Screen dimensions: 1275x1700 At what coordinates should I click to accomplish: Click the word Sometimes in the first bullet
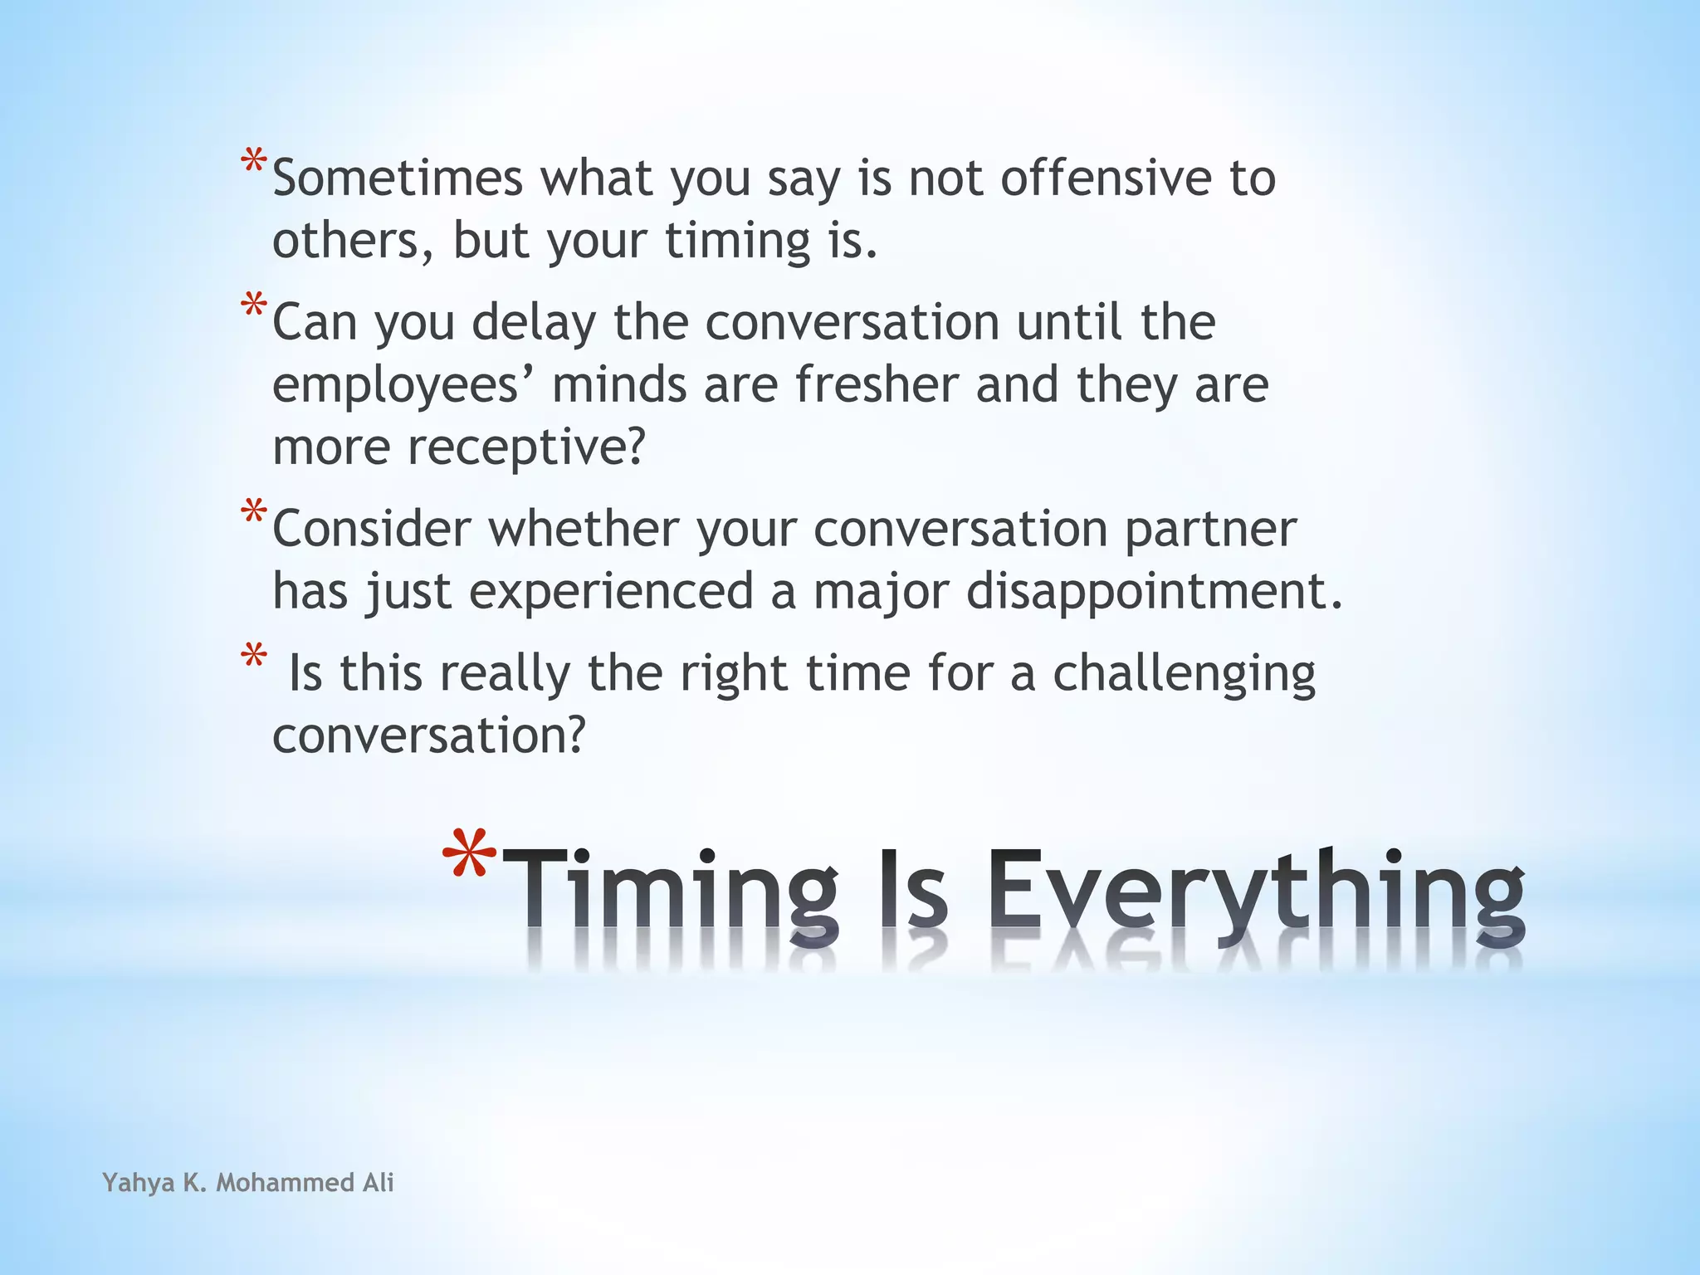398,178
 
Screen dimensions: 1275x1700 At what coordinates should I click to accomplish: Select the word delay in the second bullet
534,322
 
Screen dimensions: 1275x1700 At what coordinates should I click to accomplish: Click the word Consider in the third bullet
371,529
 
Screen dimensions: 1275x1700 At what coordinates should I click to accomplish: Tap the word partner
1210,529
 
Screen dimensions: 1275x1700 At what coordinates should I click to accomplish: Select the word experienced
611,591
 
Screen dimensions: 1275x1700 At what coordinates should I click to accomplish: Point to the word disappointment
1154,591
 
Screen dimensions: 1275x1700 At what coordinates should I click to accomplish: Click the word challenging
1184,672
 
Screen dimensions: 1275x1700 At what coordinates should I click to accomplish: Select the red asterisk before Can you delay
254,305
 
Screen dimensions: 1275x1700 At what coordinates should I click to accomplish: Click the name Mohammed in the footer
285,1182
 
